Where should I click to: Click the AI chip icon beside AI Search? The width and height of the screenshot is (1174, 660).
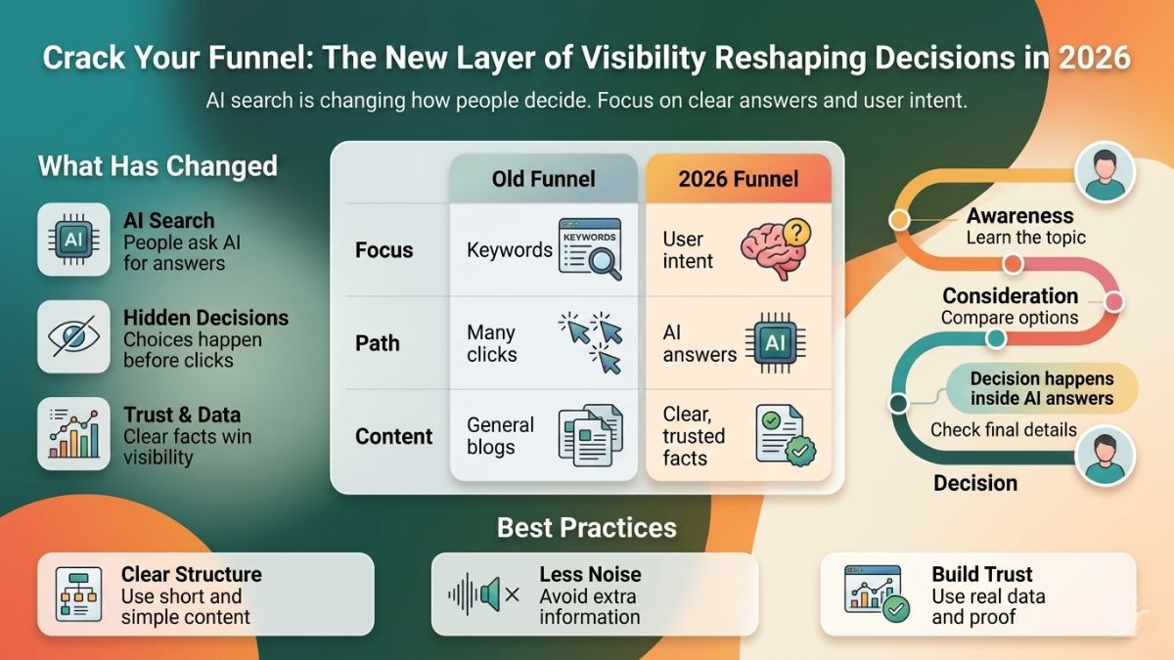tap(73, 240)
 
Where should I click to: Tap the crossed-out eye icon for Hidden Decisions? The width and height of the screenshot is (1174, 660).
tap(73, 337)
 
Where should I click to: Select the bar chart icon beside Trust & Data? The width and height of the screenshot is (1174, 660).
tap(73, 433)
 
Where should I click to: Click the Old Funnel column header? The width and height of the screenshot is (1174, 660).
tap(543, 179)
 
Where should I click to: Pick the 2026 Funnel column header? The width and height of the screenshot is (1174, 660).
tap(739, 179)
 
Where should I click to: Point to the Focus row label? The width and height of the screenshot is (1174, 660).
tap(384, 250)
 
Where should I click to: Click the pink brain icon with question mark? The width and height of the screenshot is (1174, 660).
tap(775, 247)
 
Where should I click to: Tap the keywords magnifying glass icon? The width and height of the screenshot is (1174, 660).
tap(589, 248)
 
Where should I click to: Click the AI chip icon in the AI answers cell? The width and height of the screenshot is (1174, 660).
tap(776, 343)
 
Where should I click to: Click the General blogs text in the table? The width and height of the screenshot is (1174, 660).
tap(500, 436)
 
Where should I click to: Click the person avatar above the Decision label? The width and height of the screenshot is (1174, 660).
tap(1105, 457)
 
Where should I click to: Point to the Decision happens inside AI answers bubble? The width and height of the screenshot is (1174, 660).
tap(1041, 388)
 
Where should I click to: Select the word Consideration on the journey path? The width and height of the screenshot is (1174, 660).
tap(1010, 296)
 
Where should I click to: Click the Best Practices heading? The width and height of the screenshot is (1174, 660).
tap(586, 528)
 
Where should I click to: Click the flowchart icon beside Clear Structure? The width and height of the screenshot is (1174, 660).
tap(73, 594)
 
